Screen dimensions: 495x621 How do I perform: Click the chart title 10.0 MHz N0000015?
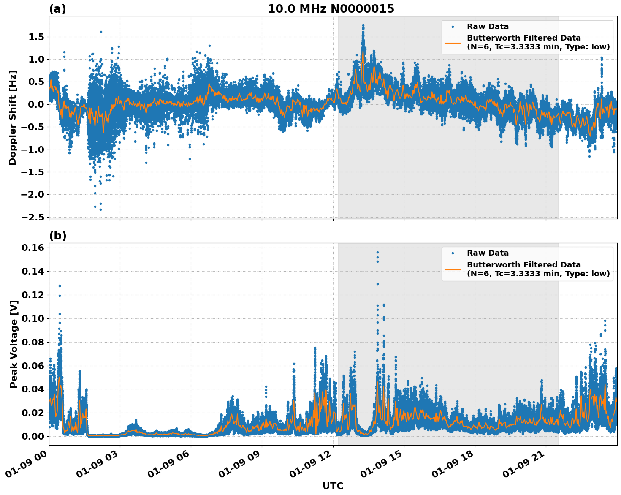[x=331, y=9]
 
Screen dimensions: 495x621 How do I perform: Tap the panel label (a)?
[x=57, y=9]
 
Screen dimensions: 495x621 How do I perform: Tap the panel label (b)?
[x=57, y=236]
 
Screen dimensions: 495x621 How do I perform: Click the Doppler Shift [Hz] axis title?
[x=13, y=117]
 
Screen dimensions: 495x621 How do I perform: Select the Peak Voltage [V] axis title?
[x=14, y=344]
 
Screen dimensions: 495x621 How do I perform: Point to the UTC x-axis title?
[x=333, y=486]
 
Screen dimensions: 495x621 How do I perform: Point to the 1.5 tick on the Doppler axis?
[x=36, y=37]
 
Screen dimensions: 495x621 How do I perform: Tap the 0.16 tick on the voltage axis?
[x=33, y=247]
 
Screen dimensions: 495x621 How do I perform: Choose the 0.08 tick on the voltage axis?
[x=33, y=342]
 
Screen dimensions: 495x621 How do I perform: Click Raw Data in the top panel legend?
[x=488, y=27]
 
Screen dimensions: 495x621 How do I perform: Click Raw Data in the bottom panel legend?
[x=488, y=253]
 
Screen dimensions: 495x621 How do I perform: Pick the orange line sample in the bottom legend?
[x=453, y=269]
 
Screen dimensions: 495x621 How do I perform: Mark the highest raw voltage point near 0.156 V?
[x=377, y=253]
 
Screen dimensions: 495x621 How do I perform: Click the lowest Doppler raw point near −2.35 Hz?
[x=100, y=209]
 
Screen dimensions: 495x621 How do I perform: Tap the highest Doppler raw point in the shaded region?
[x=363, y=26]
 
